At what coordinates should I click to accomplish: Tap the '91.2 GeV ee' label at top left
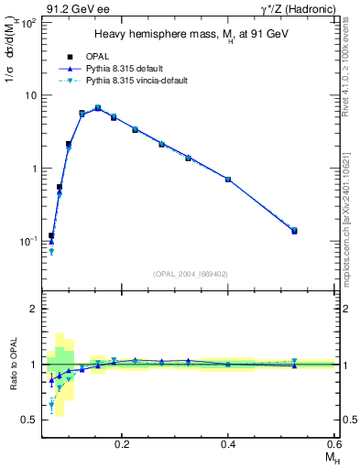click(74, 9)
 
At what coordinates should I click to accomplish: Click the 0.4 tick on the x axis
click(228, 443)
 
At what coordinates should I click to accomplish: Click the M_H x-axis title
click(327, 458)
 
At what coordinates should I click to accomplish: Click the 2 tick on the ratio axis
click(33, 309)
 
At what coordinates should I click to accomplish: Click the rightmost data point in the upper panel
click(294, 231)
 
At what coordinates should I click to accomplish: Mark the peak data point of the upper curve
click(98, 108)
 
